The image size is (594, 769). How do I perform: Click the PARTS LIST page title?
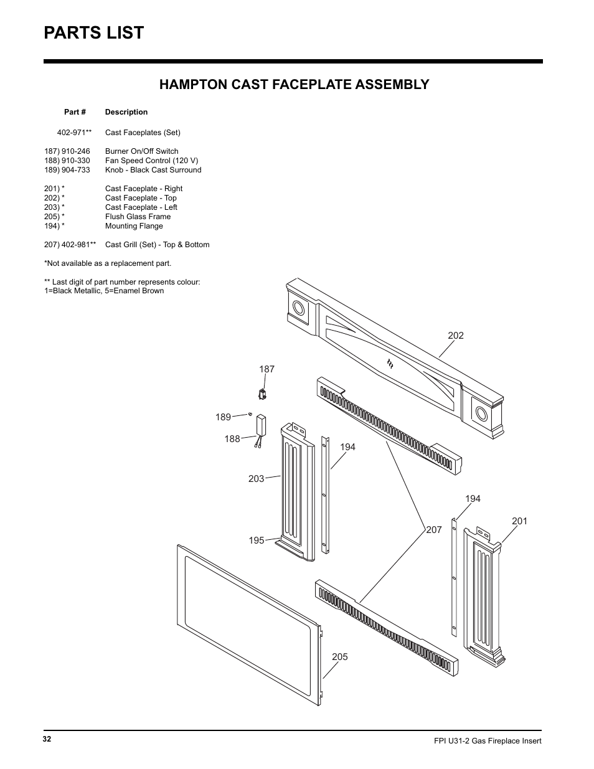click(x=94, y=32)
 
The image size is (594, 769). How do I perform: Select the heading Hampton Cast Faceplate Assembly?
click(x=294, y=84)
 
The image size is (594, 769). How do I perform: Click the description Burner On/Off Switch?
click(x=141, y=151)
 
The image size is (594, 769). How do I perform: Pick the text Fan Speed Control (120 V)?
click(x=151, y=161)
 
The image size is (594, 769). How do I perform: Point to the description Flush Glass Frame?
click(x=138, y=217)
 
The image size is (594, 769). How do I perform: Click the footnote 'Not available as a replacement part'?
click(x=108, y=263)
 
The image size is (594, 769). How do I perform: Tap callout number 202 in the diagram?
click(x=456, y=336)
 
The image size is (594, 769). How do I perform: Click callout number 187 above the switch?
click(x=266, y=369)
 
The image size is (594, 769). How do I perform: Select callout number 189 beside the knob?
click(x=223, y=417)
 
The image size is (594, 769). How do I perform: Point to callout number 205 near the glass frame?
click(x=339, y=657)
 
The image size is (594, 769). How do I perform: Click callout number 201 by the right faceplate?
click(x=519, y=521)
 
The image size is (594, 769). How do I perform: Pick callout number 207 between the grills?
click(x=433, y=530)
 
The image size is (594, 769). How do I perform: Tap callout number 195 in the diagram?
click(x=257, y=540)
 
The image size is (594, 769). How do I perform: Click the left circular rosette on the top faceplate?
click(x=298, y=308)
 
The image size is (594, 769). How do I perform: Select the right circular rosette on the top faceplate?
click(x=481, y=412)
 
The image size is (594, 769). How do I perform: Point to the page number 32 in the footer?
click(x=47, y=739)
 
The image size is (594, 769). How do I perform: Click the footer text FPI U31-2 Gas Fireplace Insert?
click(x=488, y=741)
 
